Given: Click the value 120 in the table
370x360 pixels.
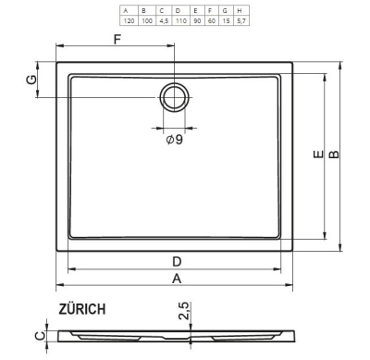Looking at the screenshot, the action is tap(129, 21).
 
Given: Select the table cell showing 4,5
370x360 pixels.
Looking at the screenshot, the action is tap(164, 21).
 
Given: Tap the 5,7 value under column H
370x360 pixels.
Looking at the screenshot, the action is tap(241, 21).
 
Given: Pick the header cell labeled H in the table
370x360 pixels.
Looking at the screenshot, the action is tap(240, 11).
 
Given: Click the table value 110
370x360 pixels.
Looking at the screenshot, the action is tap(181, 21).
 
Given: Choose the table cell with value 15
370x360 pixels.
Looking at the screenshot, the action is tap(226, 21).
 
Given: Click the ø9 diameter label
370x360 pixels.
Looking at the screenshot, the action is tap(175, 140).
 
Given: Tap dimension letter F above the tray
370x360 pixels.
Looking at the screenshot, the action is tap(117, 40).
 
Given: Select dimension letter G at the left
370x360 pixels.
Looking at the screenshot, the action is tap(31, 80).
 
